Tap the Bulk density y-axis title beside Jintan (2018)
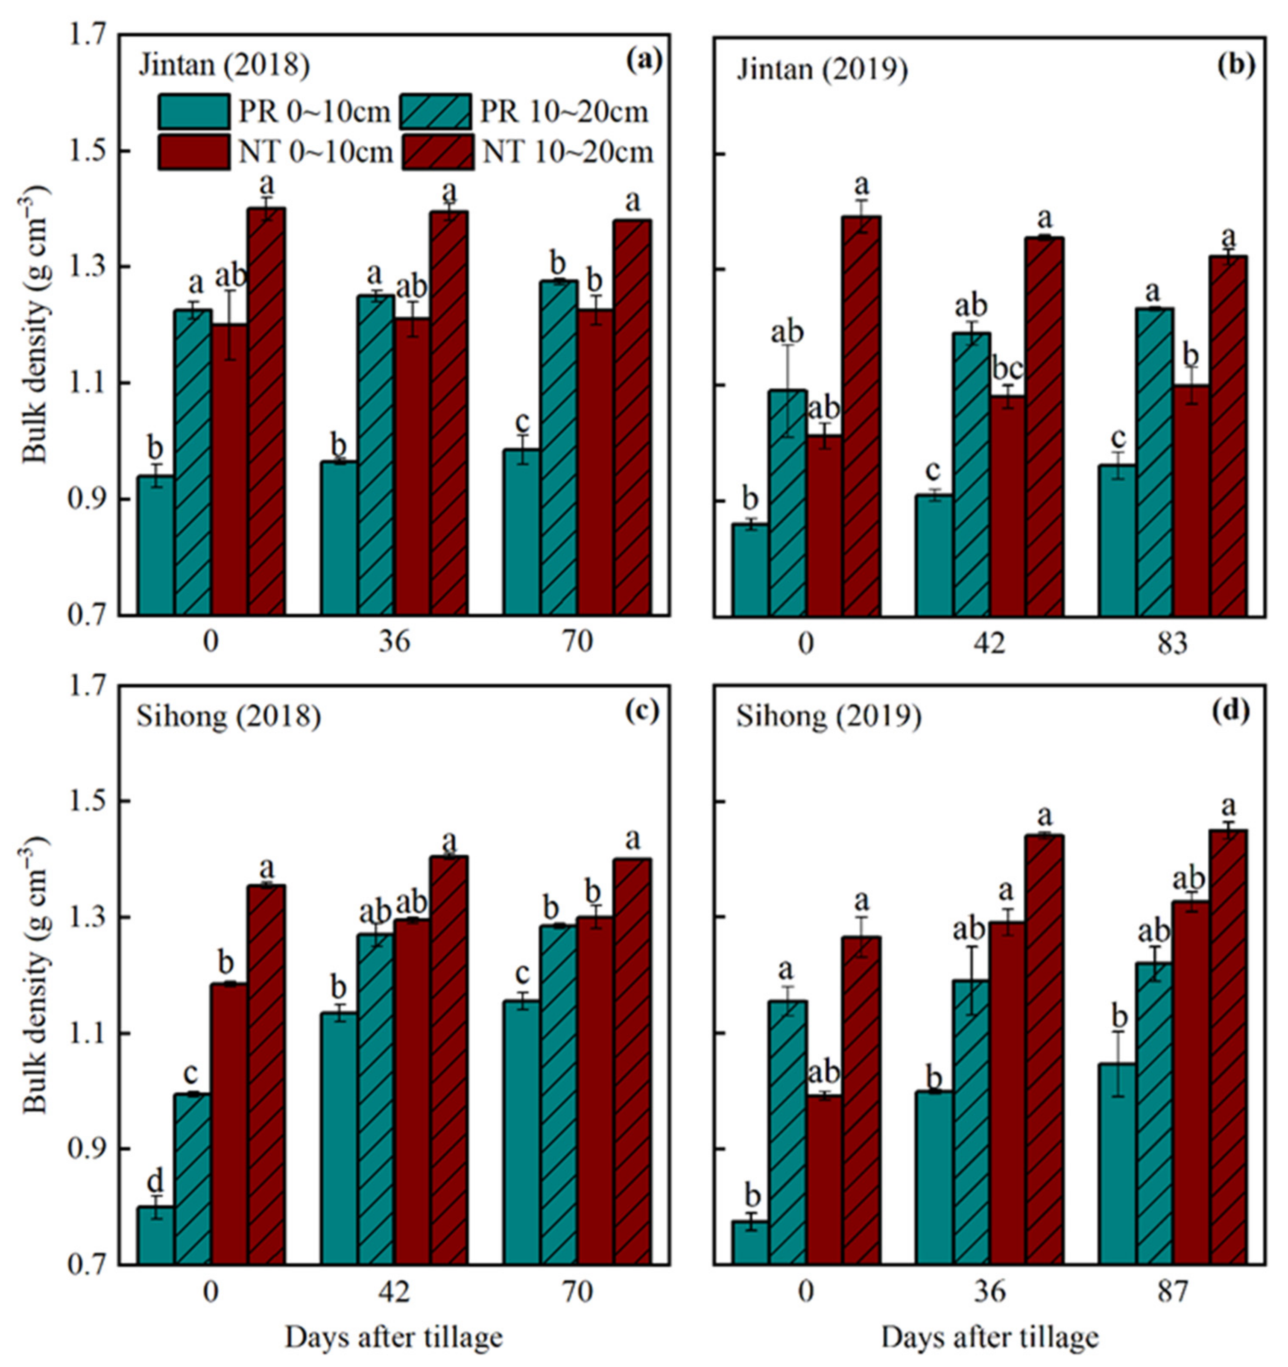(36, 325)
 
